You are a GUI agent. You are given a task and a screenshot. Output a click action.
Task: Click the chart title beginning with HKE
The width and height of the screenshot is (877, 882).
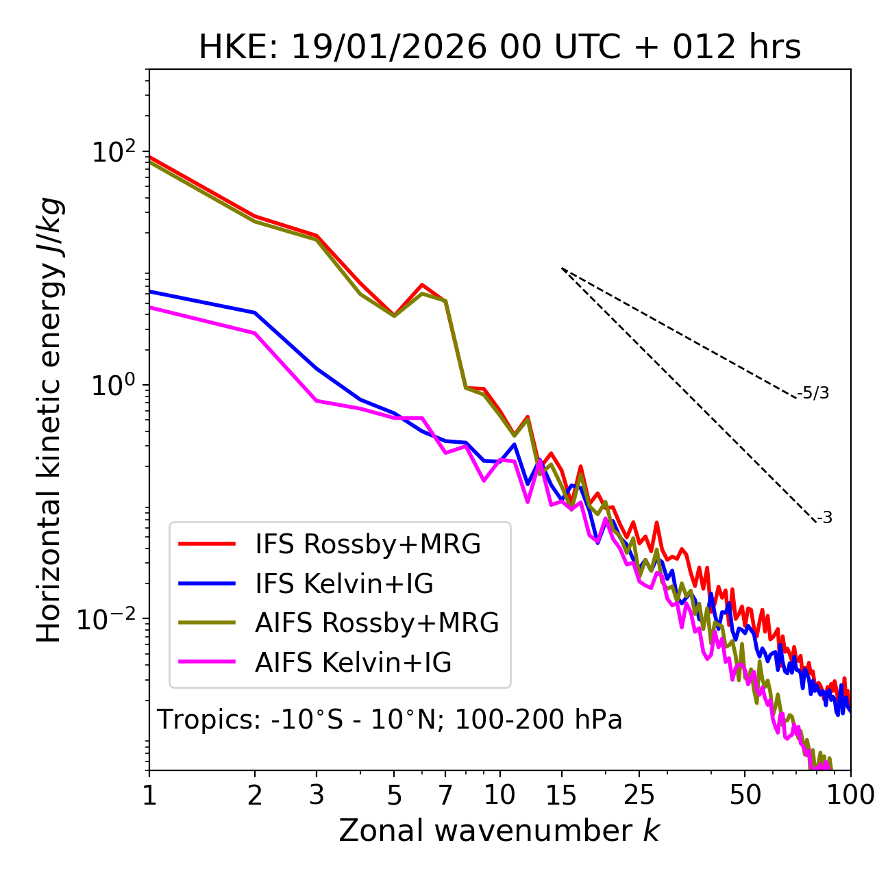pyautogui.click(x=499, y=47)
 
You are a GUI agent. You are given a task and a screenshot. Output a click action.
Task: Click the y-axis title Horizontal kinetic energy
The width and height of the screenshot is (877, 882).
pyautogui.click(x=50, y=420)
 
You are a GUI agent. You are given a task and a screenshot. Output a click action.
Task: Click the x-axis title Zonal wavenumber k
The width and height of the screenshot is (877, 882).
pyautogui.click(x=499, y=830)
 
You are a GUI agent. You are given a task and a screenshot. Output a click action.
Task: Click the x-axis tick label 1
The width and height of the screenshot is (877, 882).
pyautogui.click(x=149, y=795)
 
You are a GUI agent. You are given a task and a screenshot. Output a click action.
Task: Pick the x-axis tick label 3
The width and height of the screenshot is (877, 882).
pyautogui.click(x=317, y=795)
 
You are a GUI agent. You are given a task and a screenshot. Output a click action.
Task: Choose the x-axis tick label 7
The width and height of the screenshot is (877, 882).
pyautogui.click(x=445, y=795)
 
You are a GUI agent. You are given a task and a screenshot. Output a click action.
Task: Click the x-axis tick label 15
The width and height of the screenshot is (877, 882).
pyautogui.click(x=561, y=795)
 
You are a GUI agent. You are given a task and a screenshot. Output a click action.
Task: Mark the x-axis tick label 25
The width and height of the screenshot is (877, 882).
pyautogui.click(x=639, y=795)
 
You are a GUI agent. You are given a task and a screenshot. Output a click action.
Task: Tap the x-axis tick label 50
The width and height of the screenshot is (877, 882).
pyautogui.click(x=745, y=795)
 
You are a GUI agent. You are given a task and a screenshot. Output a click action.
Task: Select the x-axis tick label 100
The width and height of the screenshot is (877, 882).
pyautogui.click(x=850, y=795)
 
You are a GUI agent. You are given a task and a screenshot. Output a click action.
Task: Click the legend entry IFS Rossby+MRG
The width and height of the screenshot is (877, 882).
pyautogui.click(x=368, y=544)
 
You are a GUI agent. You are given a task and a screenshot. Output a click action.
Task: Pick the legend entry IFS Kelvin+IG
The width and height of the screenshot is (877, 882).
pyautogui.click(x=344, y=584)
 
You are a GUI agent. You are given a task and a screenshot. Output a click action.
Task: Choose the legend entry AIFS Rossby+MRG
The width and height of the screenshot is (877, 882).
pyautogui.click(x=377, y=623)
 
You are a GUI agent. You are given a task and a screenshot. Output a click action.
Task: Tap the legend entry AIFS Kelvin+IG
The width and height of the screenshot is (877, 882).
pyautogui.click(x=353, y=663)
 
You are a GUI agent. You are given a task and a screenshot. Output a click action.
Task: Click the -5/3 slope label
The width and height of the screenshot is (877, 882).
pyautogui.click(x=813, y=393)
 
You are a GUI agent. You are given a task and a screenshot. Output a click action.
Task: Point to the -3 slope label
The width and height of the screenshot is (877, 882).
pyautogui.click(x=824, y=518)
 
